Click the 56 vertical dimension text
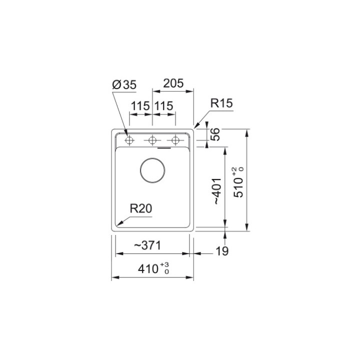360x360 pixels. pyautogui.click(x=216, y=135)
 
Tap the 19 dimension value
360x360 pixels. pyautogui.click(x=222, y=251)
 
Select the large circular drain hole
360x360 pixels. pyautogui.click(x=152, y=170)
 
